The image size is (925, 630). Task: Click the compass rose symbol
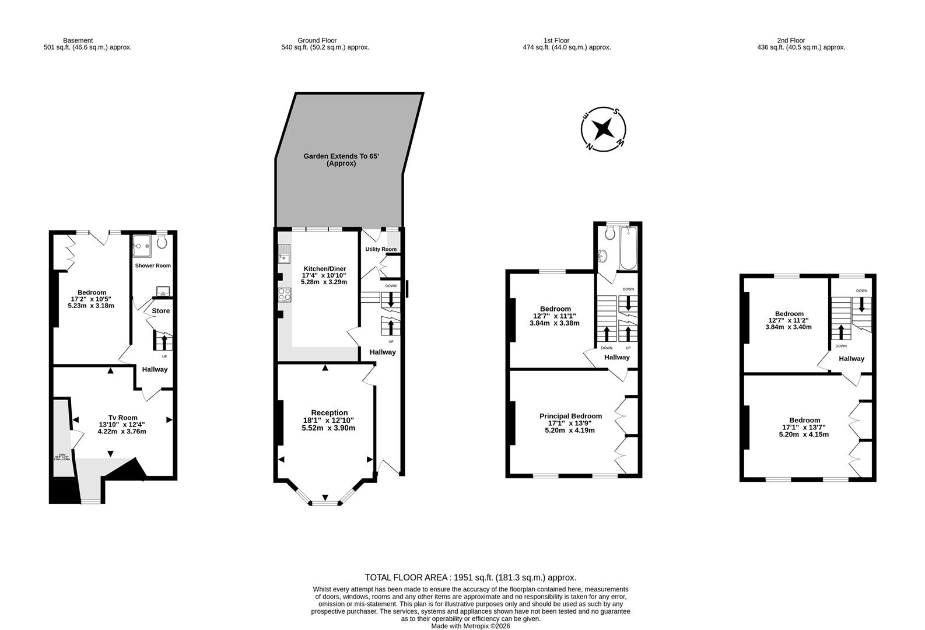[604, 128]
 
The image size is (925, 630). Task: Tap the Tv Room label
[122, 417]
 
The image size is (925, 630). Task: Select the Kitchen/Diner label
[324, 268]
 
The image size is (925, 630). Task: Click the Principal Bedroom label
[570, 416]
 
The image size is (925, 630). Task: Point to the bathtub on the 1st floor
[628, 249]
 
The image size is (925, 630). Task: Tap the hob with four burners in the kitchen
[285, 295]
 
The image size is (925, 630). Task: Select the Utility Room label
[381, 249]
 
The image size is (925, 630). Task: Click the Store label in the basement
[161, 311]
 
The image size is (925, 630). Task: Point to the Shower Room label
[153, 265]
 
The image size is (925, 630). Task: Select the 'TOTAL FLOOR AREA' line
[470, 577]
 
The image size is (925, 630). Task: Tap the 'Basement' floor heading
[78, 40]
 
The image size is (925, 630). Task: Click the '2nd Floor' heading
[791, 40]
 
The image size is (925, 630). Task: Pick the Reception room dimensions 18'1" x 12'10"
[328, 420]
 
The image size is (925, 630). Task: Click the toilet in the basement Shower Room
[162, 242]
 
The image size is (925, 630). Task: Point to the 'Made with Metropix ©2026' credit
[470, 626]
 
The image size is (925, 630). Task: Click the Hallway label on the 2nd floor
[852, 359]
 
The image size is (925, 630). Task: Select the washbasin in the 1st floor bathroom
[603, 256]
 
